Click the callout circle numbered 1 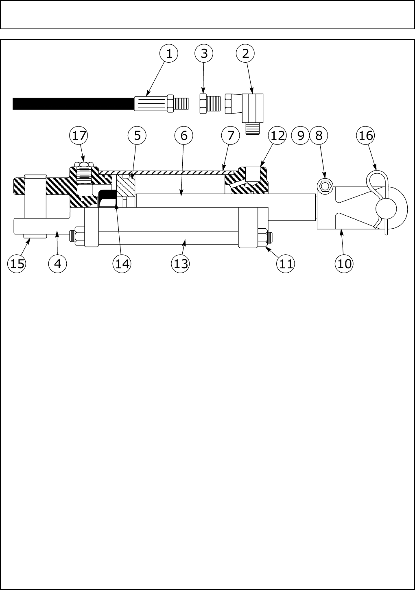click(169, 53)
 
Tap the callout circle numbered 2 click(245, 53)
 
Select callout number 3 click(204, 53)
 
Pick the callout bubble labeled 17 click(79, 135)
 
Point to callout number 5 click(137, 135)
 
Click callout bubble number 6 click(184, 135)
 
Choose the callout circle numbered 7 click(231, 135)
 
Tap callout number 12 click(278, 135)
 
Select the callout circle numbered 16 click(366, 135)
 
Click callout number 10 click(344, 264)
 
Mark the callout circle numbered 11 click(286, 264)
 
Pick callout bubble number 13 click(181, 264)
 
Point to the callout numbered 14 click(122, 264)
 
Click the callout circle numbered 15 click(17, 264)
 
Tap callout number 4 click(57, 264)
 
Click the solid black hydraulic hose click(73, 104)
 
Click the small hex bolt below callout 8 click(325, 186)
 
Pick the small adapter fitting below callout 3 click(209, 103)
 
